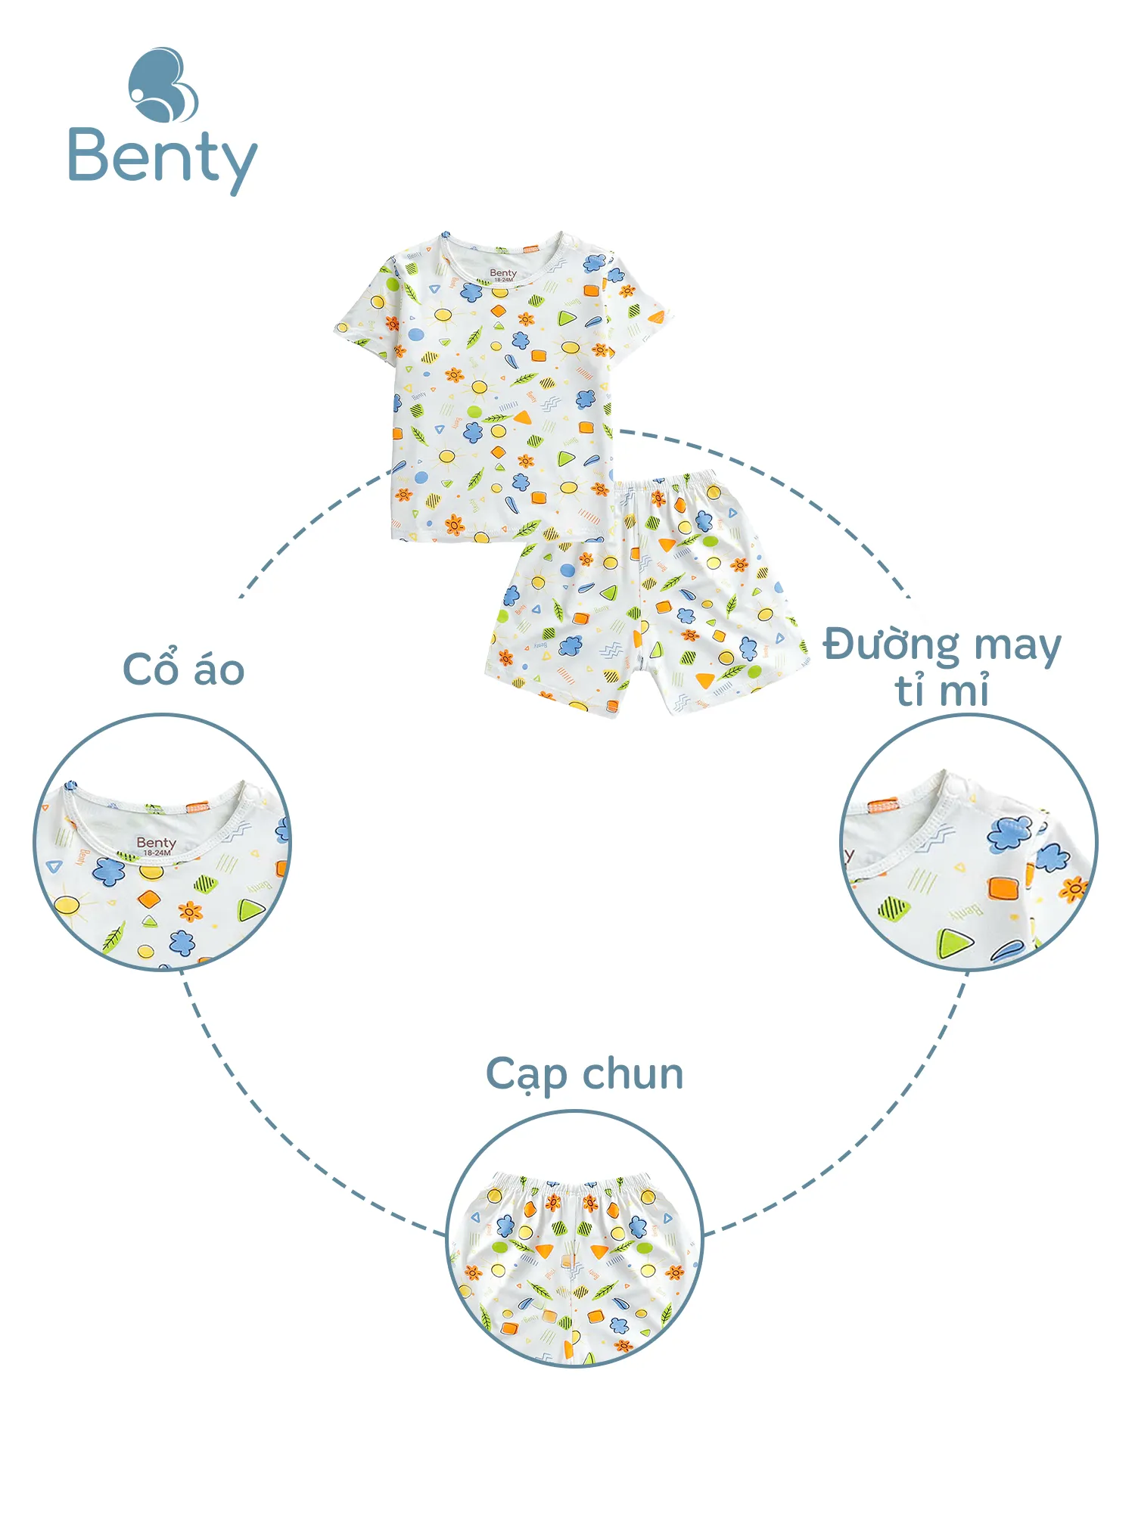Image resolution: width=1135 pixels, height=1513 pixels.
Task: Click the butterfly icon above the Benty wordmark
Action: coord(163,85)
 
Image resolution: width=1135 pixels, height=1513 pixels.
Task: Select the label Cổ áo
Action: coord(184,670)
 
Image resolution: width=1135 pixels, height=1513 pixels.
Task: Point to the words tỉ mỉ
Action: coord(942,691)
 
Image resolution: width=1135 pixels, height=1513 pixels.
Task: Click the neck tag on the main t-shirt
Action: coord(503,275)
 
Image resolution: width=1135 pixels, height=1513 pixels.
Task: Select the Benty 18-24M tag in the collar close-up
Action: coord(157,846)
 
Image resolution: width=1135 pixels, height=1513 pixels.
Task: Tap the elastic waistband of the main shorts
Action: coord(666,484)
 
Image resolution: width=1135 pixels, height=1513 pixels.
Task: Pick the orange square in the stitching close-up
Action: coord(1004,888)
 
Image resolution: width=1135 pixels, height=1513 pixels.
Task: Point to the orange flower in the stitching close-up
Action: coord(1073,888)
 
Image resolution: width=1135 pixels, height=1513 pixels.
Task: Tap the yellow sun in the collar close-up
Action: coord(67,904)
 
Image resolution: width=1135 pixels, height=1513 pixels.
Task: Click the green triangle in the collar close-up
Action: coord(250,909)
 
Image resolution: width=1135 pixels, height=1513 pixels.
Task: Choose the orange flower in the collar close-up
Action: coord(190,911)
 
